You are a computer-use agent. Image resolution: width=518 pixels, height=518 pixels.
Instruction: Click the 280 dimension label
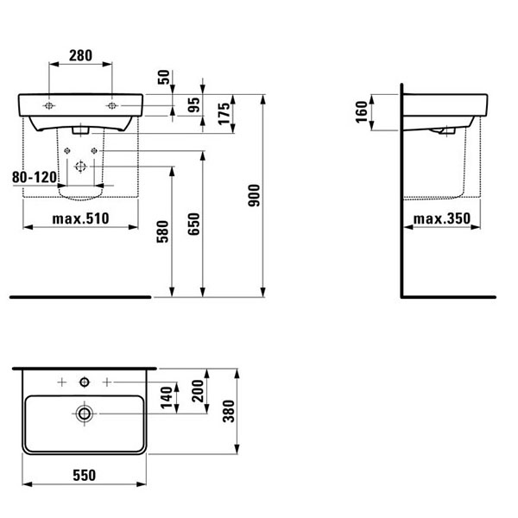pos(80,55)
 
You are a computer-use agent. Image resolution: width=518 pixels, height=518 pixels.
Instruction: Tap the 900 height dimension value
pos(254,196)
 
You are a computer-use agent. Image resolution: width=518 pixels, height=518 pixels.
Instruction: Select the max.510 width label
pos(80,218)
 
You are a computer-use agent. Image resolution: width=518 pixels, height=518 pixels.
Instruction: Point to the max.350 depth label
pos(442,218)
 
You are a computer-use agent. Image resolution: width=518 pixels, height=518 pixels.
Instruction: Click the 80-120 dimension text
pos(35,177)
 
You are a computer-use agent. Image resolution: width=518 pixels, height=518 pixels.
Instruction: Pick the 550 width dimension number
pos(85,475)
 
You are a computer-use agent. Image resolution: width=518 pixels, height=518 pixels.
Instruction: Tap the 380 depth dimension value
pos(229,411)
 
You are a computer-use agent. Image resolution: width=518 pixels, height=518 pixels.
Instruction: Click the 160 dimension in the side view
pos(362,112)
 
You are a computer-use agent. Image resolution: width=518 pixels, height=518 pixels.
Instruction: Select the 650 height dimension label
pos(194,224)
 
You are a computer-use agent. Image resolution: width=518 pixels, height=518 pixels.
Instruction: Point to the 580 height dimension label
pos(162,231)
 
